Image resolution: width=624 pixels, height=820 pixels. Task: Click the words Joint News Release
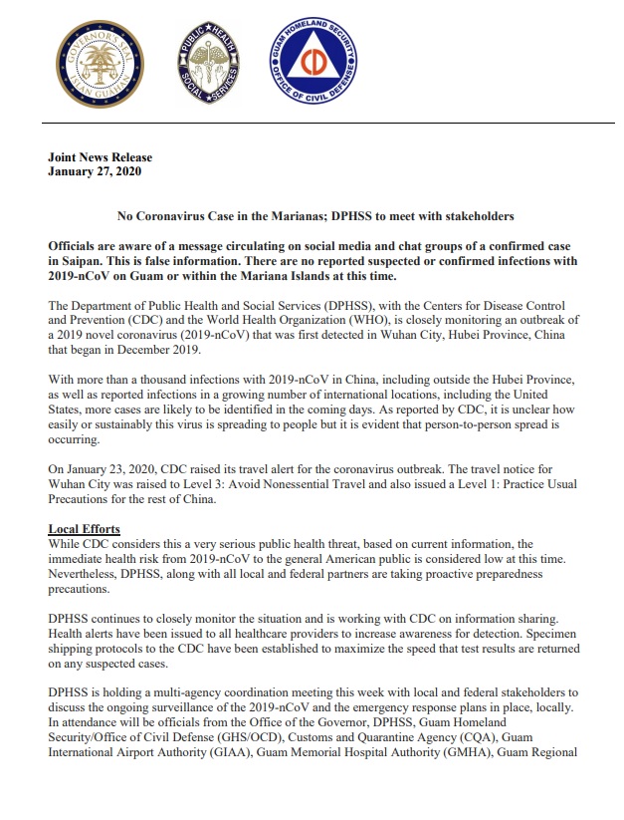100,157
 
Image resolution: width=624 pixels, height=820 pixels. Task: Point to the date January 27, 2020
95,171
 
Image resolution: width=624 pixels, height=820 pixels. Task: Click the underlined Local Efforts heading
84,528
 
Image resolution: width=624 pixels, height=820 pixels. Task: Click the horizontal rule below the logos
313,122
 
